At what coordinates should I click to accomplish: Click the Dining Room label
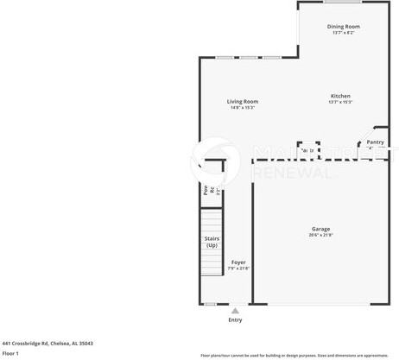point(344,27)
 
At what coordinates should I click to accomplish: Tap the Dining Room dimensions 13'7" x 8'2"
point(344,33)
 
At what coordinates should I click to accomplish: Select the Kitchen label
point(339,96)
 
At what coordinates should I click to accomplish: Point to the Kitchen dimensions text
point(339,102)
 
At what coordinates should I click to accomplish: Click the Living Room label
point(242,101)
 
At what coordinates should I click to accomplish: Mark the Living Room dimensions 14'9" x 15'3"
point(242,107)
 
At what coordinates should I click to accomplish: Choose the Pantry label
point(375,142)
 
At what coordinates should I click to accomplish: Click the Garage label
point(320,229)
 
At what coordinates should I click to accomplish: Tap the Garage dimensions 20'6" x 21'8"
point(320,235)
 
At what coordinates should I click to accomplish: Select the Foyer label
point(238,262)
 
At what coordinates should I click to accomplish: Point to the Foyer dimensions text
point(238,268)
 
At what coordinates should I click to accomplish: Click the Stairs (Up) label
point(212,241)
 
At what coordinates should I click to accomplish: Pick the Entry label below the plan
point(235,319)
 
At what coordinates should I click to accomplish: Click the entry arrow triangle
point(235,310)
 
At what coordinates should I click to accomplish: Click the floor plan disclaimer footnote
point(294,355)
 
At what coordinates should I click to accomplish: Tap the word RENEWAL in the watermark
point(291,173)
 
